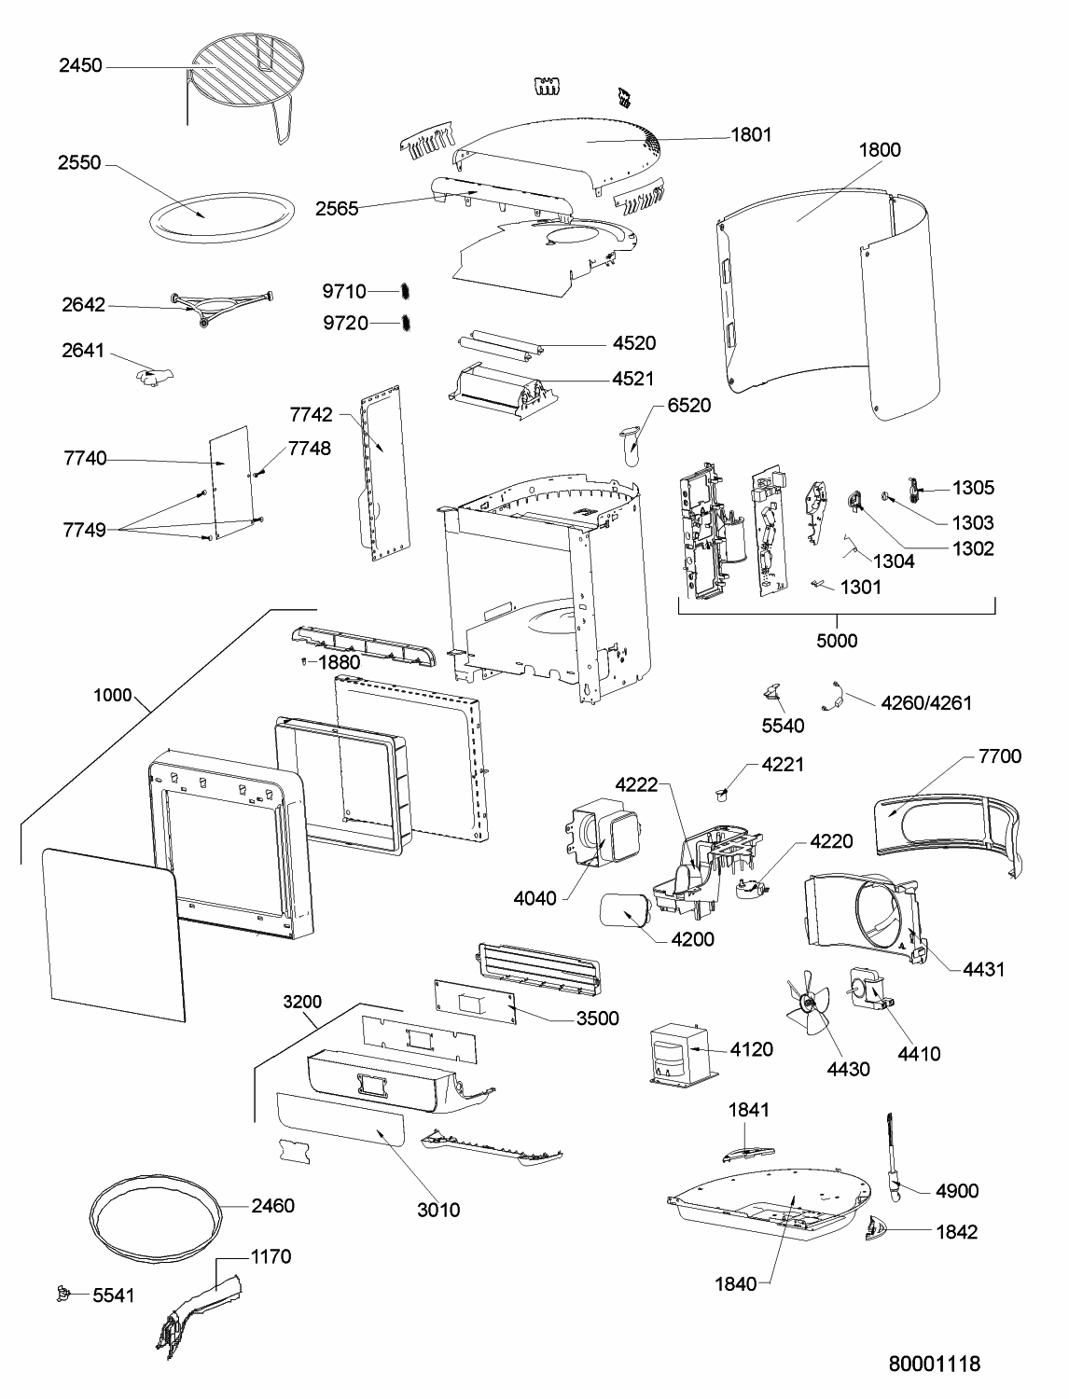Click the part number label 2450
(80, 65)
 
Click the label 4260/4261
(926, 703)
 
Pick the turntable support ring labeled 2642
(221, 307)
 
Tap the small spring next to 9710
(404, 291)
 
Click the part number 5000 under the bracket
(837, 641)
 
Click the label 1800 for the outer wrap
(880, 150)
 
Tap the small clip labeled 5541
(62, 1294)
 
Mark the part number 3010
(438, 1210)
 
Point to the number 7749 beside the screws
(85, 530)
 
